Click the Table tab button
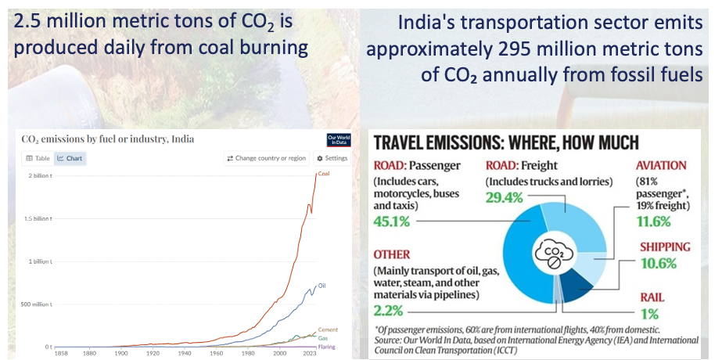click(38, 158)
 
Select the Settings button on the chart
click(332, 158)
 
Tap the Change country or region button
click(266, 158)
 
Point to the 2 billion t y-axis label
click(40, 175)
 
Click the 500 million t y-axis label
click(38, 304)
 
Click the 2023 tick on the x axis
click(310, 353)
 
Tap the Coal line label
click(324, 174)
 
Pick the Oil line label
click(321, 286)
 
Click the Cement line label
click(328, 329)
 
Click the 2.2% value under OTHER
click(390, 309)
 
